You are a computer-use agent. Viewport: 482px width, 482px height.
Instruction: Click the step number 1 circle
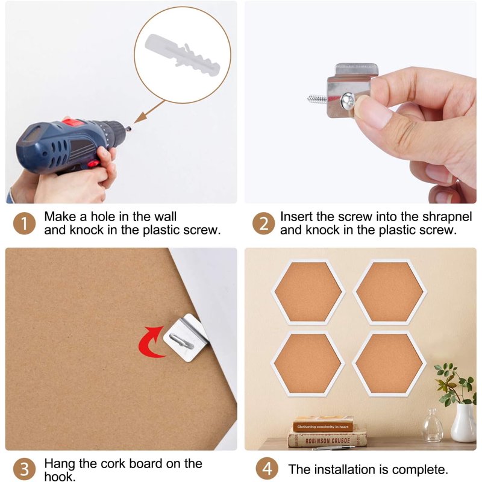coord(24,224)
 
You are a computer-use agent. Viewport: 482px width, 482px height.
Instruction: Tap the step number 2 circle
coord(263,224)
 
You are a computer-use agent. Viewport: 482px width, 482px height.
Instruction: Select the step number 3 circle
coord(24,469)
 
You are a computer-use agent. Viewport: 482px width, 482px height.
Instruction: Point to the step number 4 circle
coord(267,469)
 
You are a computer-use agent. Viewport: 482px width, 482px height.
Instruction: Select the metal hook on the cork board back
coord(181,340)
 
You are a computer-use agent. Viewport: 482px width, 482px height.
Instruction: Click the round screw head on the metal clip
coord(348,101)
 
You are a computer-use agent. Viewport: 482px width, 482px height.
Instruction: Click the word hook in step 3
coord(60,477)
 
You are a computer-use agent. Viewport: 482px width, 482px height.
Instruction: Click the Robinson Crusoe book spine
coord(327,441)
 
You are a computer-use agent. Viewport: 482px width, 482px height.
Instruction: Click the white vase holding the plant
coord(464,423)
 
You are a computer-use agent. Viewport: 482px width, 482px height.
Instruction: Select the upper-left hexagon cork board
coord(308,292)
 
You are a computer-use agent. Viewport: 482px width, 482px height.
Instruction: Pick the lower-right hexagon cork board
coord(389,363)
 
